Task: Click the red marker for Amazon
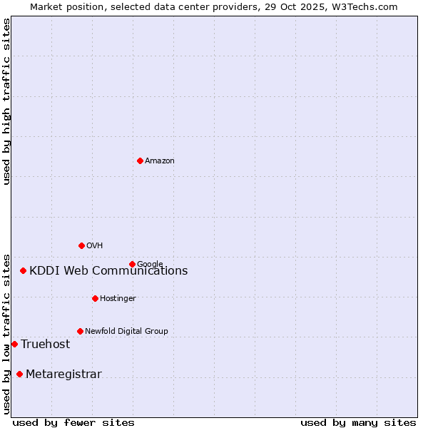[140, 160]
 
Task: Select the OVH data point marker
[81, 245]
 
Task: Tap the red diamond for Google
[132, 264]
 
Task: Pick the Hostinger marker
[95, 298]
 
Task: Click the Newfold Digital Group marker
[80, 331]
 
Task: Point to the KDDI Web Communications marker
[24, 270]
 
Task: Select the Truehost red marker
[14, 344]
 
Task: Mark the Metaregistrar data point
[19, 374]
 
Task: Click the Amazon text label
[160, 161]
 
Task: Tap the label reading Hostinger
[118, 299]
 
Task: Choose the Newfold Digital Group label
[126, 332]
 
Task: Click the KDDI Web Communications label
[108, 271]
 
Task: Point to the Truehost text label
[46, 345]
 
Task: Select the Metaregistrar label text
[63, 374]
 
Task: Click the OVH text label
[95, 246]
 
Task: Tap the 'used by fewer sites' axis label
[73, 422]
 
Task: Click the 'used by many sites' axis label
[358, 422]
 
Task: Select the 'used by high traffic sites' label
[6, 101]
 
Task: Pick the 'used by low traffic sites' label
[6, 333]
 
